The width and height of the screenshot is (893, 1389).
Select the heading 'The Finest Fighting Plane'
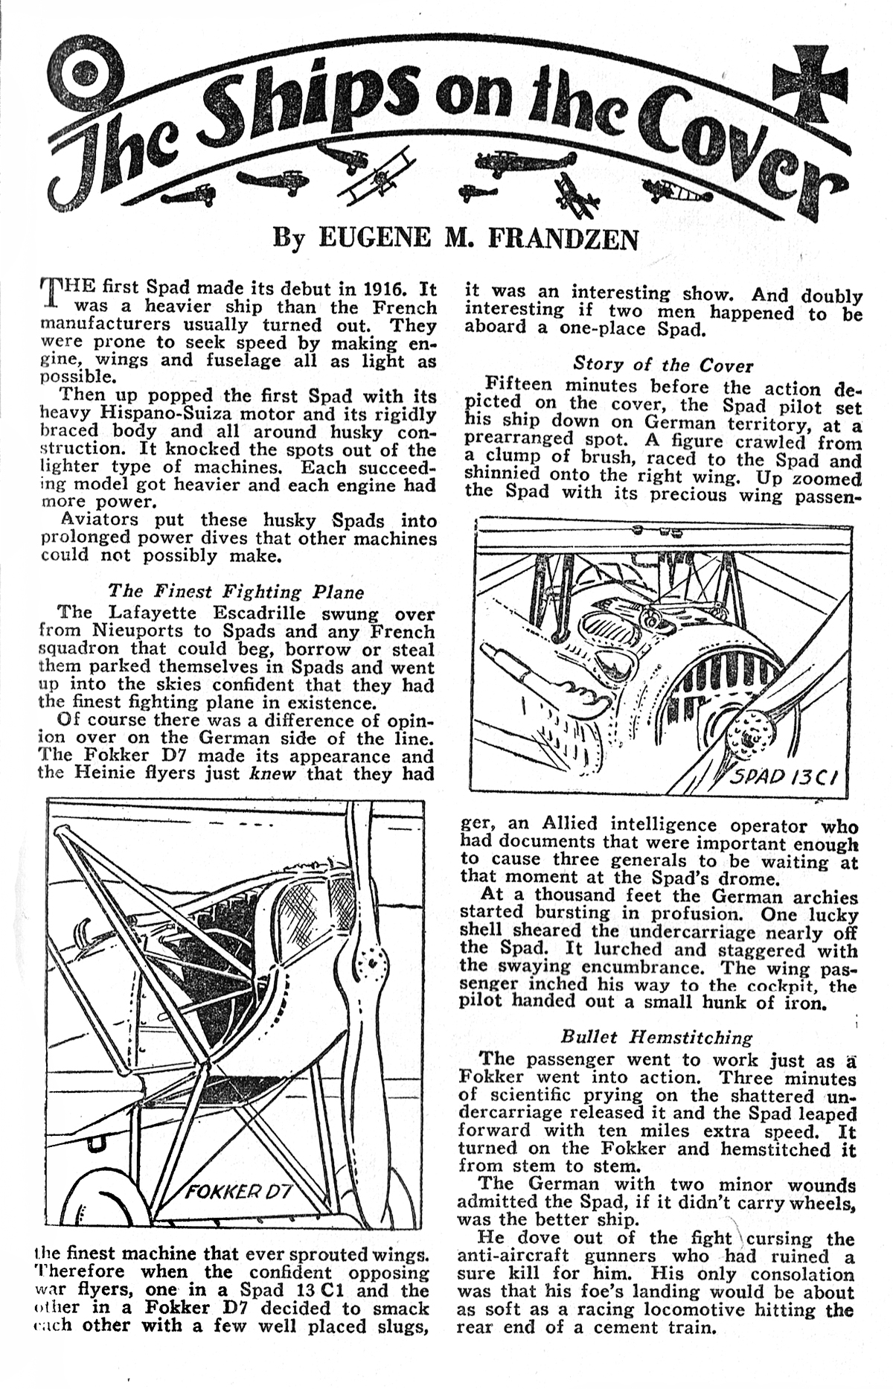[236, 592]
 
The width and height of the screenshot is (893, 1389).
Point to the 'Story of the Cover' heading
[663, 365]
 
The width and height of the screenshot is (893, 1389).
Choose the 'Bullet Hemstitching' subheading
[656, 1037]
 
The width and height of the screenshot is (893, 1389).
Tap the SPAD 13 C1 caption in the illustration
[783, 777]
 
